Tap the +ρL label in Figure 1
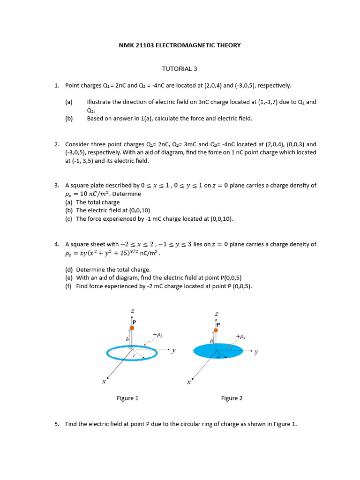[x=157, y=335]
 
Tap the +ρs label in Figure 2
[x=241, y=336]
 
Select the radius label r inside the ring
[x=135, y=356]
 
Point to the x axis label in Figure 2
[x=188, y=382]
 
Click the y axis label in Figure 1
[x=173, y=350]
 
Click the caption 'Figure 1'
[x=127, y=398]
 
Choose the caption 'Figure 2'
[x=232, y=398]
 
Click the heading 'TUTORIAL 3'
[x=180, y=69]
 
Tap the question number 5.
[x=56, y=424]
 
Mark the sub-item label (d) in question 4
[x=69, y=270]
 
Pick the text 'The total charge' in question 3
[x=98, y=202]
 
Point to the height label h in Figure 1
[x=127, y=339]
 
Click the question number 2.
[x=56, y=144]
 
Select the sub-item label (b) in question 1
[x=69, y=119]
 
